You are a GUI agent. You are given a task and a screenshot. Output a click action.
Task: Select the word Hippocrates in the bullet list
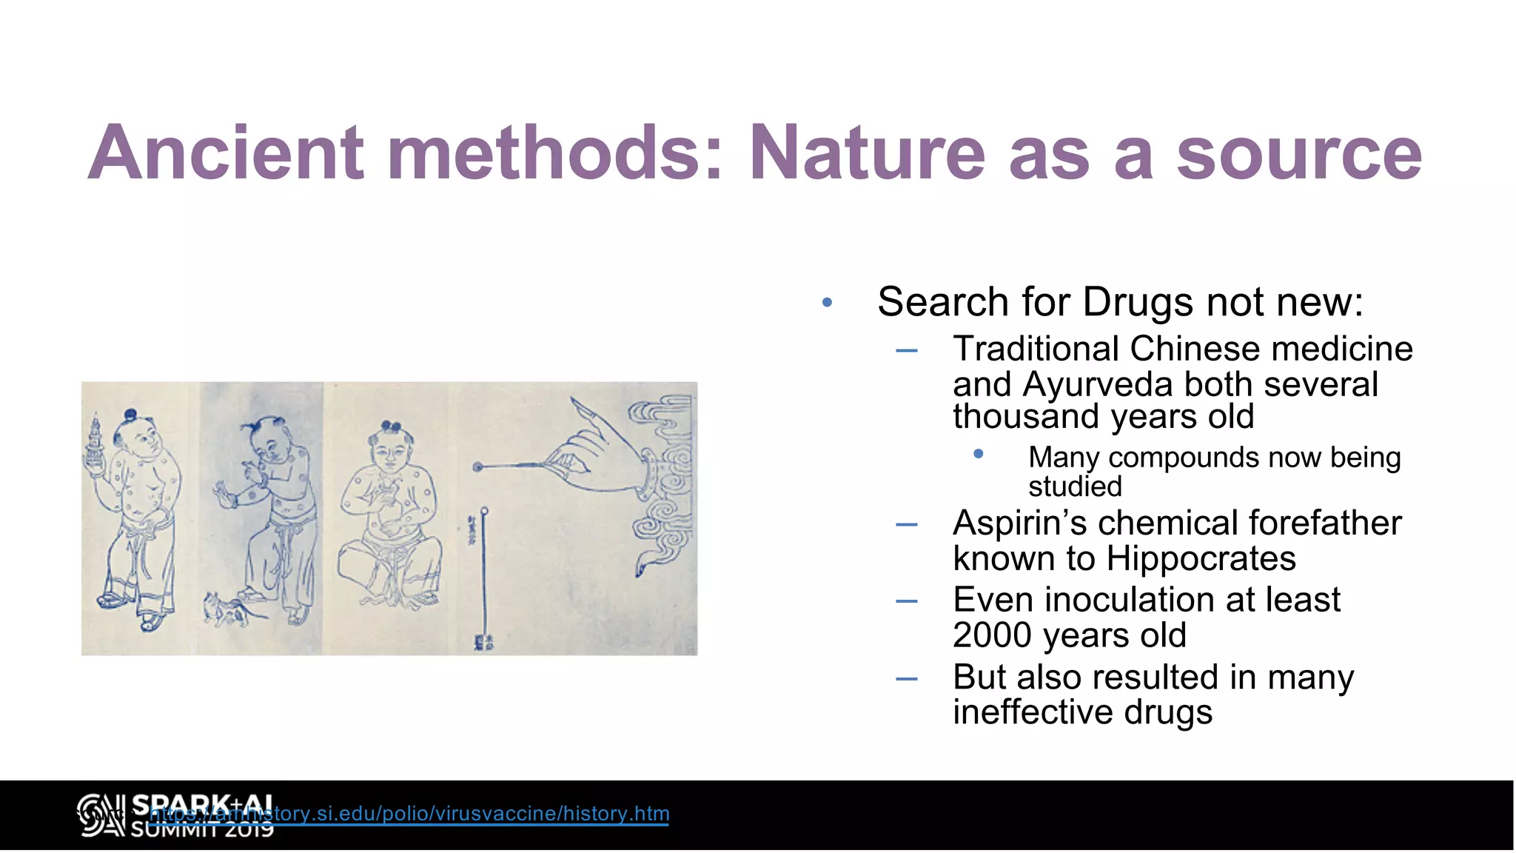click(x=1201, y=558)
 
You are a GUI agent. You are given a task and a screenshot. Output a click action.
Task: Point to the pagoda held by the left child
click(x=95, y=441)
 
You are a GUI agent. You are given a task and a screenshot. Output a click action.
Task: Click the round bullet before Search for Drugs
click(x=827, y=302)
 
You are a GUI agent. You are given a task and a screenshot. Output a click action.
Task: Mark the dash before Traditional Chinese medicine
click(x=906, y=350)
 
